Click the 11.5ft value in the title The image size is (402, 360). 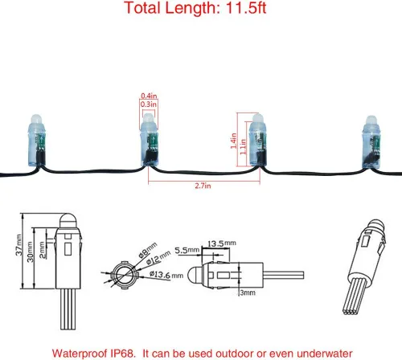pyautogui.click(x=246, y=8)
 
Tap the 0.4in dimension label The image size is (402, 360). pyautogui.click(x=149, y=96)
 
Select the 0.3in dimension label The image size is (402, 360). pyautogui.click(x=149, y=104)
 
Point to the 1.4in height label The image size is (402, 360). pyautogui.click(x=233, y=141)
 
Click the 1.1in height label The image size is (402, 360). pyautogui.click(x=243, y=147)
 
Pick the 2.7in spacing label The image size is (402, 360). pyautogui.click(x=203, y=186)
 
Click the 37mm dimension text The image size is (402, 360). pyautogui.click(x=18, y=245)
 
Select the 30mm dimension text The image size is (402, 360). pyautogui.click(x=31, y=252)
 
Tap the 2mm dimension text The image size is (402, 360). pyautogui.click(x=42, y=250)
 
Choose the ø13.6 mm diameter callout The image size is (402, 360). pyautogui.click(x=166, y=274)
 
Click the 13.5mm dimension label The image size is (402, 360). pyautogui.click(x=222, y=243)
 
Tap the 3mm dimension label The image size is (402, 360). pyautogui.click(x=248, y=292)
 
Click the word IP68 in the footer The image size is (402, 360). pyautogui.click(x=122, y=354)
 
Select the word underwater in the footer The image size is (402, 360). pyautogui.click(x=325, y=354)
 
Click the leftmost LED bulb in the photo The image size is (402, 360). pyautogui.click(x=37, y=141)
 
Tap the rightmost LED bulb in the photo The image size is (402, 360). pyautogui.click(x=371, y=143)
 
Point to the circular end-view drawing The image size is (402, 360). pyautogui.click(x=124, y=275)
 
